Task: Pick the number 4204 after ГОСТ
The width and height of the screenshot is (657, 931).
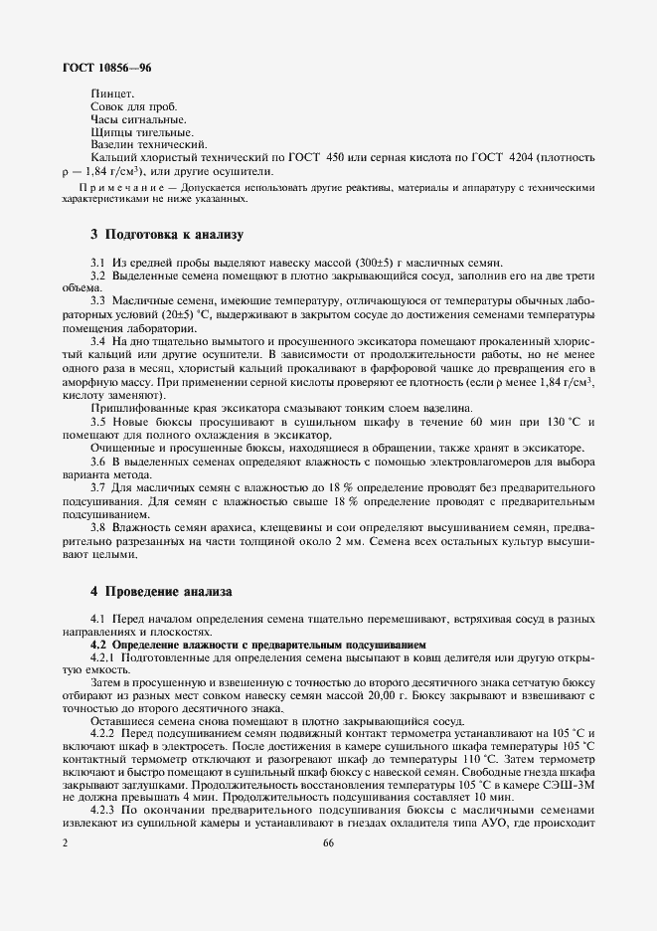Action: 522,157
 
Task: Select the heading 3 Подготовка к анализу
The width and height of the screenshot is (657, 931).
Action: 166,235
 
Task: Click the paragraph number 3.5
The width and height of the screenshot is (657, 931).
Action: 98,422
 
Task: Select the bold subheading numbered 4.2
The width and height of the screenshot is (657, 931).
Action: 256,644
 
